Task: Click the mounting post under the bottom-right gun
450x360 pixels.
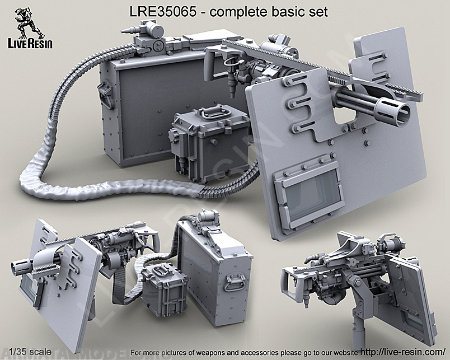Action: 353,325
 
